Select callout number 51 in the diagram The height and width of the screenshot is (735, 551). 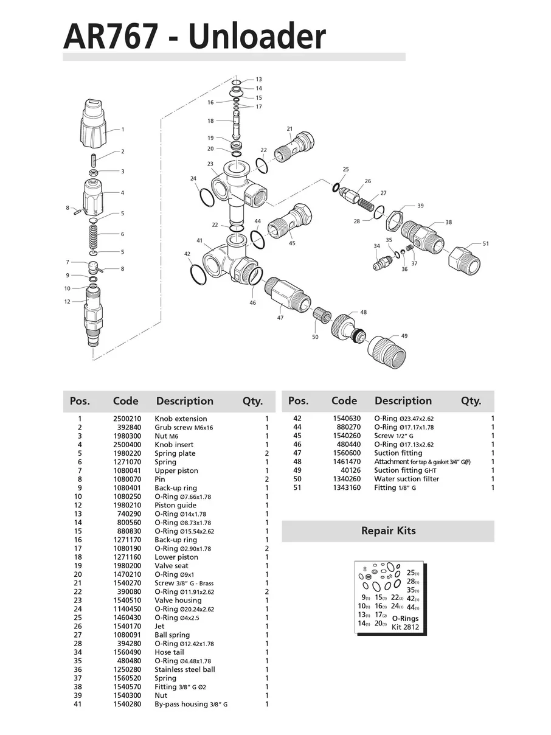tap(485, 244)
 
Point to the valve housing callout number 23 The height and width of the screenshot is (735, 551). tap(210, 164)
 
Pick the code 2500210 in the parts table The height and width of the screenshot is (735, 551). tap(127, 419)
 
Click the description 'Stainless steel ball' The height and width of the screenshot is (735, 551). tap(185, 669)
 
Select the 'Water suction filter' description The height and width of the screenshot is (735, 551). tap(407, 479)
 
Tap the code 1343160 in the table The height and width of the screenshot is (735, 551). tap(346, 487)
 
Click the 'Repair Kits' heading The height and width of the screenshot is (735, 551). tap(388, 531)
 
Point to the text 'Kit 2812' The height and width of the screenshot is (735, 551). tap(405, 627)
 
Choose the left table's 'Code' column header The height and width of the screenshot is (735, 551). tap(125, 401)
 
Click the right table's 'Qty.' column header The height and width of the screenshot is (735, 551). tap(471, 401)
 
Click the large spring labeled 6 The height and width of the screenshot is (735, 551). tap(93, 234)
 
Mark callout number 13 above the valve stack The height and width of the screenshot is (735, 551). tap(258, 80)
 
